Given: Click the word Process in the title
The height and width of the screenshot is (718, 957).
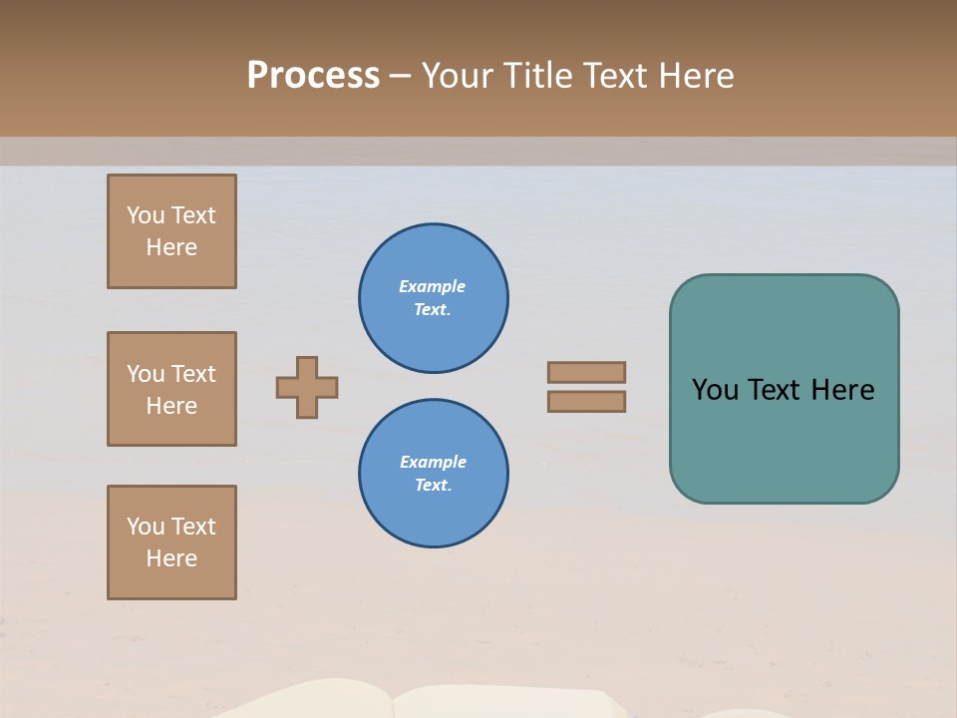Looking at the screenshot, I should pyautogui.click(x=313, y=76).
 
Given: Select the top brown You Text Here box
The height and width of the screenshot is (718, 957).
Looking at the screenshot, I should pyautogui.click(x=171, y=231).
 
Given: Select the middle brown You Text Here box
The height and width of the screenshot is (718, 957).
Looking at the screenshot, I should pyautogui.click(x=171, y=389).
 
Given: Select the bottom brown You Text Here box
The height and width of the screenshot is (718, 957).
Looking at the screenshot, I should pyautogui.click(x=171, y=542).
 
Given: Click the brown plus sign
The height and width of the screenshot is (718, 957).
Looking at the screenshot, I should pyautogui.click(x=307, y=387).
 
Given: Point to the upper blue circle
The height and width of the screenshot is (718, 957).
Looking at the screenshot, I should pyautogui.click(x=434, y=298).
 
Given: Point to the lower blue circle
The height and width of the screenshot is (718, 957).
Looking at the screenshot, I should pyautogui.click(x=434, y=474).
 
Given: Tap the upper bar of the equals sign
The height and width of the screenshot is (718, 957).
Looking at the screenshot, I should pyautogui.click(x=586, y=372).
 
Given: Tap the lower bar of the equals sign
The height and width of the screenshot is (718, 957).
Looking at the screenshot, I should pyautogui.click(x=586, y=401).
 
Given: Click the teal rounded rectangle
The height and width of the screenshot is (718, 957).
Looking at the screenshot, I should pyautogui.click(x=784, y=439).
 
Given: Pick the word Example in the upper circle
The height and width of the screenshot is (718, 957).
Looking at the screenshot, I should pyautogui.click(x=433, y=286).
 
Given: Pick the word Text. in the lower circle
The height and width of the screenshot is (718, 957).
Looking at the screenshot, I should pyautogui.click(x=433, y=486).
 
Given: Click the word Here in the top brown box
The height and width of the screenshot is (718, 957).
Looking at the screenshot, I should pyautogui.click(x=171, y=247).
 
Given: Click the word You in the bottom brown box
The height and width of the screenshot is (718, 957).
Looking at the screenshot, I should pyautogui.click(x=146, y=527).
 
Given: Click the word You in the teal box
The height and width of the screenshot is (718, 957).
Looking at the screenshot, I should pyautogui.click(x=714, y=390).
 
